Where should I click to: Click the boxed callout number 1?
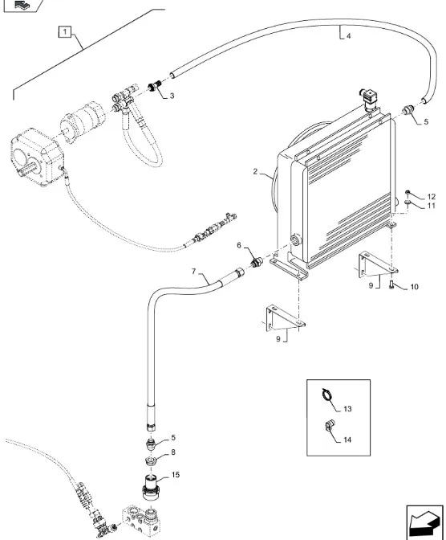(65, 32)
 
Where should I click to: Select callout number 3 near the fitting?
(172, 96)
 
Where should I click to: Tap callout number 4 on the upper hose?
(348, 36)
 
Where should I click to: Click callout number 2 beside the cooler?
(255, 171)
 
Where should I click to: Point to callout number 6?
(239, 245)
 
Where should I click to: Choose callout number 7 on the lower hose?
(193, 272)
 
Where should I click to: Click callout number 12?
(432, 197)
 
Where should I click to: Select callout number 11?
(432, 206)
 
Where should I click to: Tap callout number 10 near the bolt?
(415, 287)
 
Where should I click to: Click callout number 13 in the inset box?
(347, 409)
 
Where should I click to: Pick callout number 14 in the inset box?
(347, 440)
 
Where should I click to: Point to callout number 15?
(176, 475)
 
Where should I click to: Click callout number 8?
(173, 452)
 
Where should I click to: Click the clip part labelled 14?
(330, 426)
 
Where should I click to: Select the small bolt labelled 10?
(391, 284)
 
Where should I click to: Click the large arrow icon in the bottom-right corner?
(424, 522)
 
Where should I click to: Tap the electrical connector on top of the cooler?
(369, 98)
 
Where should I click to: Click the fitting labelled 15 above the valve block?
(152, 486)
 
